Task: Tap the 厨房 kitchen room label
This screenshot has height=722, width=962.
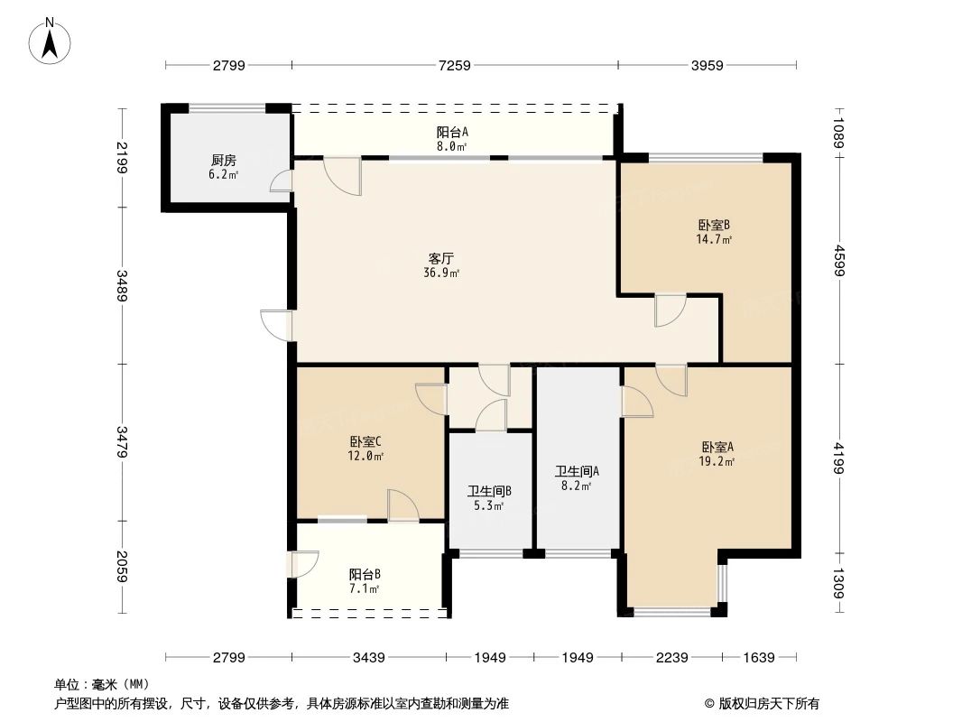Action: point(223,161)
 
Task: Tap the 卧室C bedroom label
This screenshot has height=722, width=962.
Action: point(366,442)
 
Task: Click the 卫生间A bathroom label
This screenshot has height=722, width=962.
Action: point(577,471)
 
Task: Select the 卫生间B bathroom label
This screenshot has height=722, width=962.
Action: point(489,492)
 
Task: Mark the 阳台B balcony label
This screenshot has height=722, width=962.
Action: point(365,574)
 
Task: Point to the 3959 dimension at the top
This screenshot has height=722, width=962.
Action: point(707,66)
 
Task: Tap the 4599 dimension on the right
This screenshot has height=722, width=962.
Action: point(839,263)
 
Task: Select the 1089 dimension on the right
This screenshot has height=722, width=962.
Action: point(839,133)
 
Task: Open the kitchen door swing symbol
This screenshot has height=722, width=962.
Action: point(282,181)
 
